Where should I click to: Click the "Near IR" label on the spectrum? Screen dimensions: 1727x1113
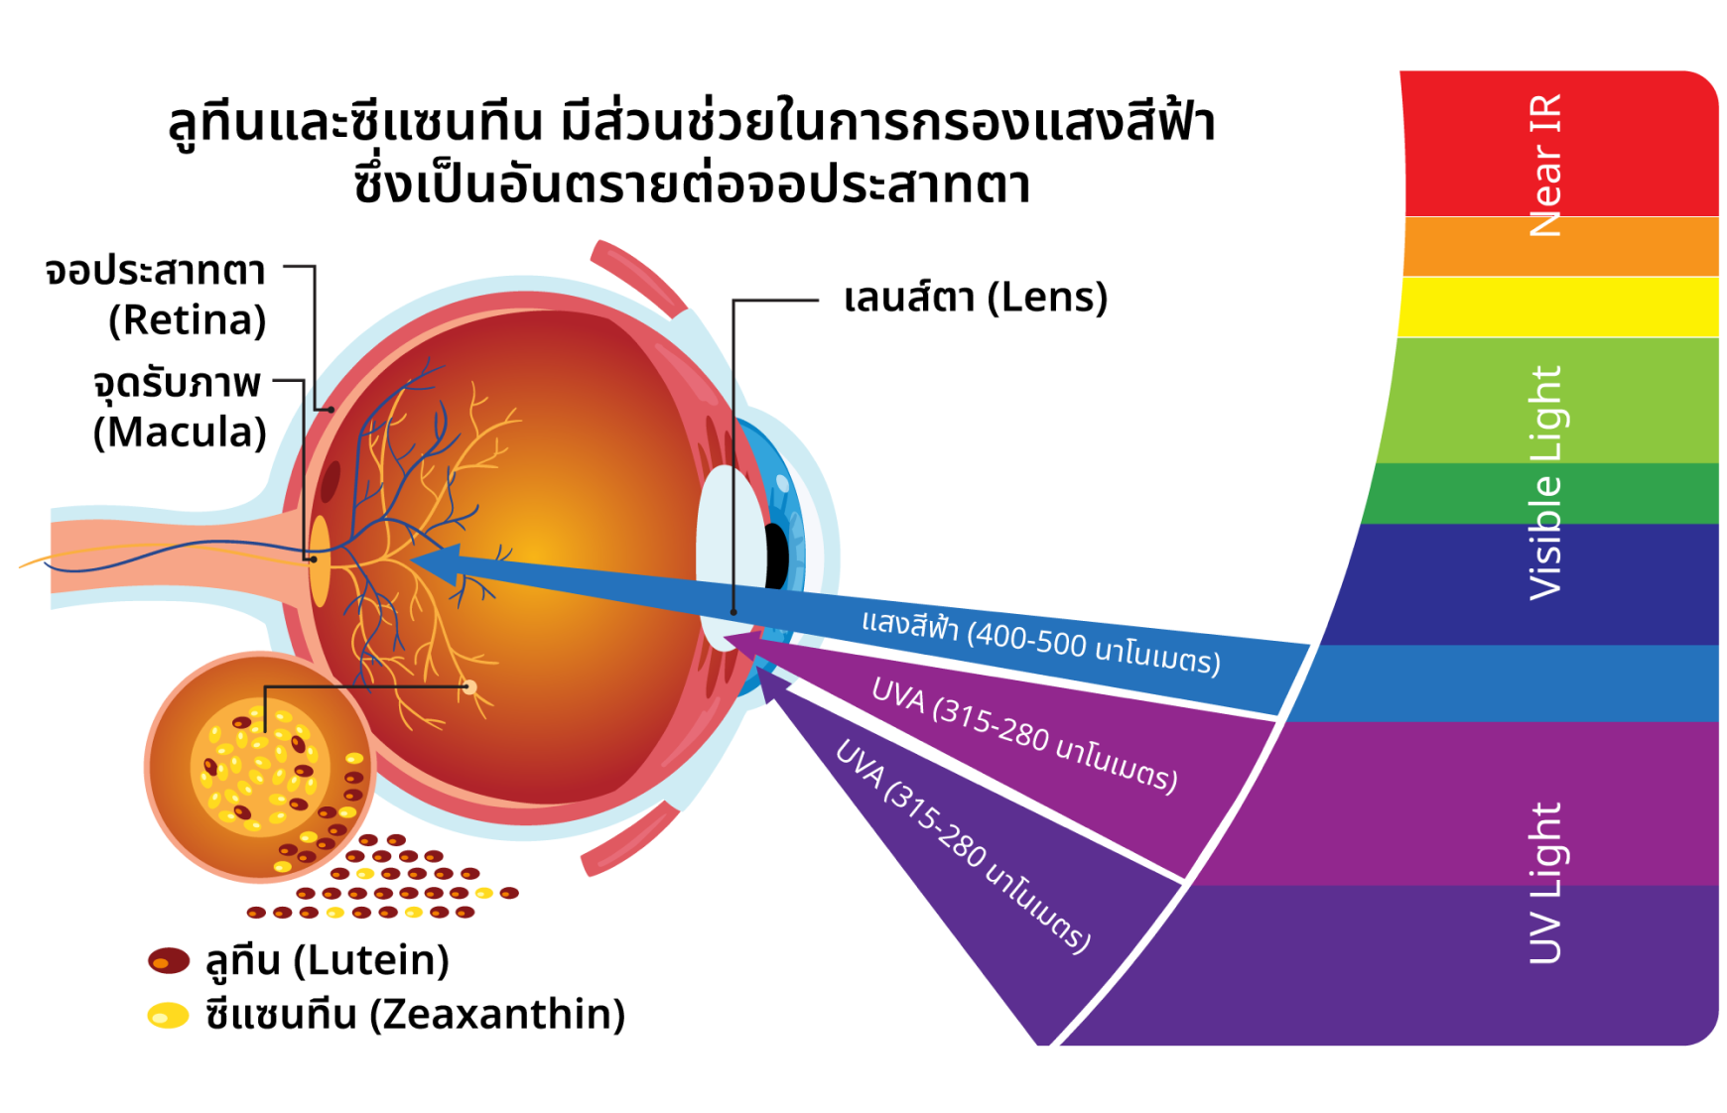(x=1545, y=166)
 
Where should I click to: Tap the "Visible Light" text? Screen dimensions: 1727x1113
(x=1545, y=483)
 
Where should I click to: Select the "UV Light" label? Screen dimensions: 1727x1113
(x=1545, y=883)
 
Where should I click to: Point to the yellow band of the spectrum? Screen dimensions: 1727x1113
(x=1558, y=307)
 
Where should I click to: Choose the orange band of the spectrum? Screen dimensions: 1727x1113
(x=1560, y=246)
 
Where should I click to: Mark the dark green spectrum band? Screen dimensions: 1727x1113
(x=1540, y=493)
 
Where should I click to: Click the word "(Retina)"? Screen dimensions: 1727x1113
(x=188, y=320)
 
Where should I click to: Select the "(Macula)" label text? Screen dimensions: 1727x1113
(x=180, y=433)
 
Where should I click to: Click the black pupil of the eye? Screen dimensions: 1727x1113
(x=776, y=556)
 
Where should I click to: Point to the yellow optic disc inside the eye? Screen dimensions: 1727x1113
(x=320, y=561)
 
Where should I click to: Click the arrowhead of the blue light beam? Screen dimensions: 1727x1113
(x=437, y=564)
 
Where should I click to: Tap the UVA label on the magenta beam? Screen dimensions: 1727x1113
(x=1024, y=735)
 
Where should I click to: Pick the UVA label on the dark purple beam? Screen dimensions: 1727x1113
(x=963, y=846)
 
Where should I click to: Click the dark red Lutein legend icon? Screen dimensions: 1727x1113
(x=169, y=960)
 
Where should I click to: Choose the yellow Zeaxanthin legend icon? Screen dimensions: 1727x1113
(x=168, y=1016)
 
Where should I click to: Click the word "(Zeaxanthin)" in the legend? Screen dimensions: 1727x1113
(x=497, y=1015)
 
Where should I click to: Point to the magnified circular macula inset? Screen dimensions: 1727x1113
(x=260, y=767)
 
